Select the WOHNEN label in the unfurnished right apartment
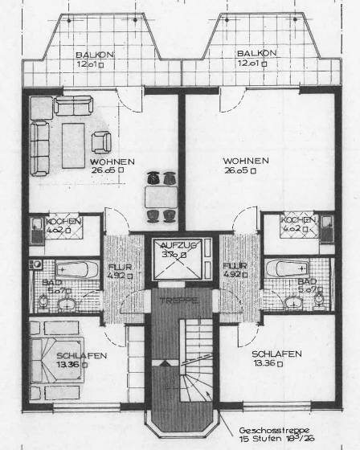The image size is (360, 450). (x=246, y=161)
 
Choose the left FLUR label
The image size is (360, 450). (x=115, y=266)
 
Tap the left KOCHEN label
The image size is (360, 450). (x=61, y=221)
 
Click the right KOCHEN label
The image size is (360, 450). (x=298, y=219)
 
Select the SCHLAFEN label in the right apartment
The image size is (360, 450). (x=276, y=354)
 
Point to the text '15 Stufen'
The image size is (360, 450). (x=260, y=440)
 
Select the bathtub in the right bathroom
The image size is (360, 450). (x=285, y=267)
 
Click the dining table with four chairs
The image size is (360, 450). (x=159, y=196)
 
